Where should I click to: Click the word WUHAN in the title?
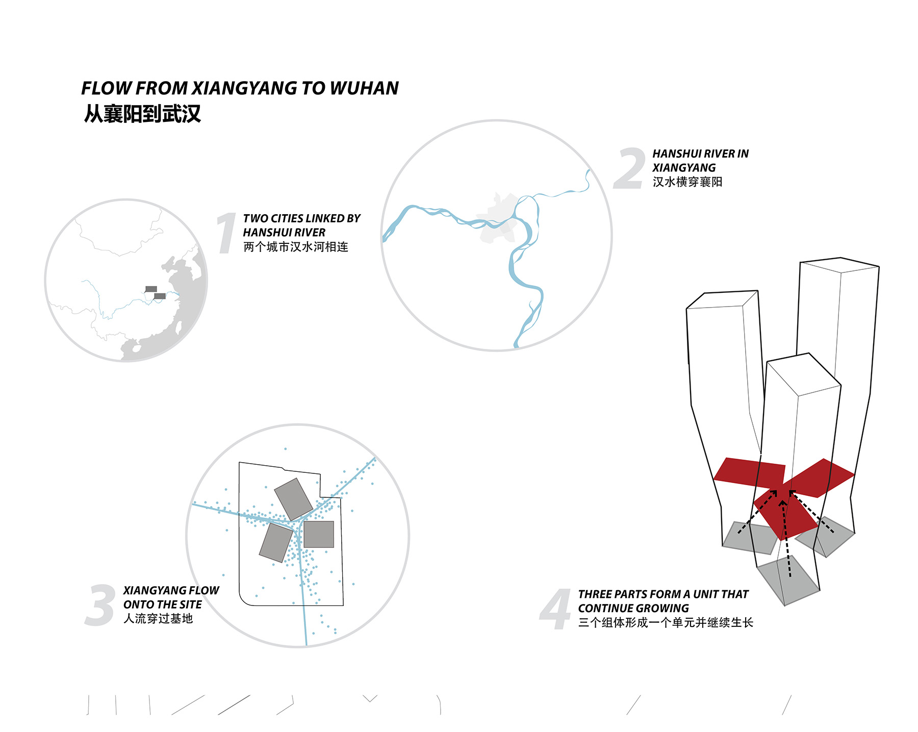click(364, 88)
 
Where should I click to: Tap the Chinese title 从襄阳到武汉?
click(143, 113)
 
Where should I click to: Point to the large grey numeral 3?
click(100, 605)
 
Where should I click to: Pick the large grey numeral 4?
click(555, 609)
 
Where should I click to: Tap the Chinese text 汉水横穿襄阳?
click(687, 182)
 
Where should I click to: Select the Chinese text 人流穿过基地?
click(158, 618)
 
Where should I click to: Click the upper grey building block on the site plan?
click(293, 499)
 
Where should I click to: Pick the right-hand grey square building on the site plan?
click(319, 534)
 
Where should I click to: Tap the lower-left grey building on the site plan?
click(276, 543)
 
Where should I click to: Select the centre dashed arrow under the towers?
click(786, 539)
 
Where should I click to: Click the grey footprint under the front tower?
click(788, 582)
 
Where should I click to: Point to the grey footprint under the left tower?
click(750, 538)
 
